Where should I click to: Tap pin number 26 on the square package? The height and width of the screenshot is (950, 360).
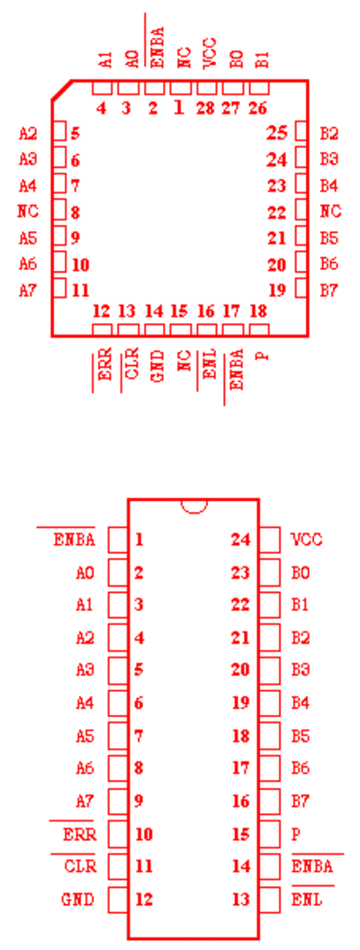pos(257,109)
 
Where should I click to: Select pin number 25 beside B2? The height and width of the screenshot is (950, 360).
pos(276,133)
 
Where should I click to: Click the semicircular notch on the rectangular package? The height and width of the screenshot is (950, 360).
pos(193,506)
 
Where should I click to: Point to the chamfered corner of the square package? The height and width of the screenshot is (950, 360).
pos(62,90)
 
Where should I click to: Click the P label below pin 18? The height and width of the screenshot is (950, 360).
pos(262,355)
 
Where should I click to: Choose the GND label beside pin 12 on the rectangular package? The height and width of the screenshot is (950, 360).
pos(77,899)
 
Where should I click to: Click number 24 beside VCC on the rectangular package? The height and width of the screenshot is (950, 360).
pos(240,539)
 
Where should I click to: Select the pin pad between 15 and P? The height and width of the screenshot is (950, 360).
pos(270,834)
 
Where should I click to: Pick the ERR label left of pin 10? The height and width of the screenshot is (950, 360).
pos(79,834)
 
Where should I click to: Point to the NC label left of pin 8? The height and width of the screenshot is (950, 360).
pos(28,211)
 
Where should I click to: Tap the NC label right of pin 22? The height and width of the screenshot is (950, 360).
pos(330,211)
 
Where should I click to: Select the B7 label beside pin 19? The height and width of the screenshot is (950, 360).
pos(329,291)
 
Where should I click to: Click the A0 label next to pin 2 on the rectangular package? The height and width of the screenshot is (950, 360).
pos(85,572)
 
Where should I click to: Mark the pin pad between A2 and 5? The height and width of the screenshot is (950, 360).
pos(59,130)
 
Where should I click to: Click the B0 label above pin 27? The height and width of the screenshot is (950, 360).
pos(236,59)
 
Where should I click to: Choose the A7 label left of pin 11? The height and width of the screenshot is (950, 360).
pos(28,291)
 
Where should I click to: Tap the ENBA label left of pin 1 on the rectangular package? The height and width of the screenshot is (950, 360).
pos(75,539)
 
